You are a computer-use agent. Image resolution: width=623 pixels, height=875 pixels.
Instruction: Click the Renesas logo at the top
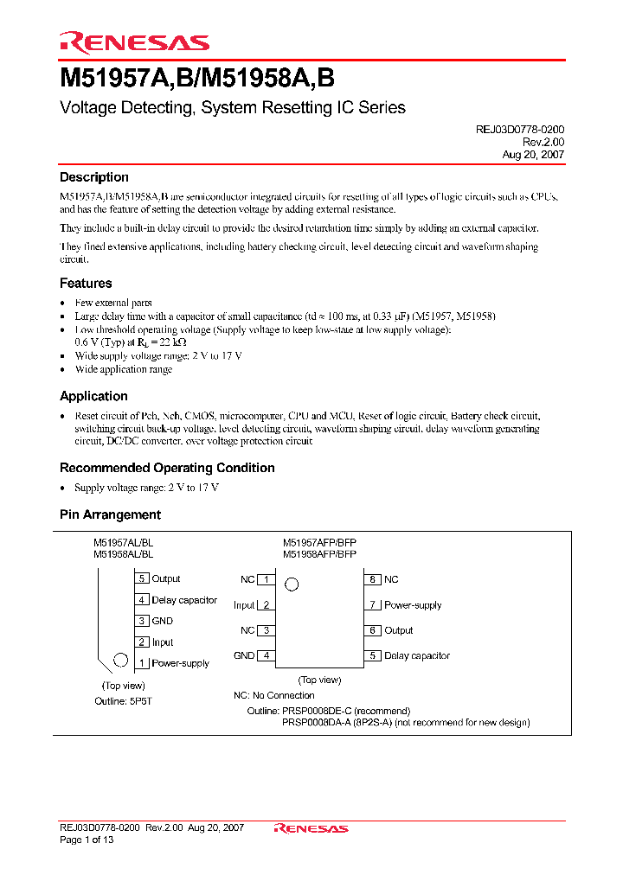pos(134,42)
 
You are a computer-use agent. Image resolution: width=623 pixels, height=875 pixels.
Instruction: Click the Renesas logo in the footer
pos(311,828)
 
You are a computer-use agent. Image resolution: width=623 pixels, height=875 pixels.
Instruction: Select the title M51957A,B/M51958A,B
pos(197,79)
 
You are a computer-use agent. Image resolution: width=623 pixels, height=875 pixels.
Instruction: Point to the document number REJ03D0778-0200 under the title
pos(520,129)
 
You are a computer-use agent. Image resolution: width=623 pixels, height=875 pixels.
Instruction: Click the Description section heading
pos(93,177)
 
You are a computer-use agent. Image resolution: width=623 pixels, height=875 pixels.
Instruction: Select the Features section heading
pos(86,283)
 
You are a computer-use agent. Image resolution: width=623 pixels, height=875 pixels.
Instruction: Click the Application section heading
pos(93,396)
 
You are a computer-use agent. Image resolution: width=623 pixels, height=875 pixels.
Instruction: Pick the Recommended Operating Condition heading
pos(167,468)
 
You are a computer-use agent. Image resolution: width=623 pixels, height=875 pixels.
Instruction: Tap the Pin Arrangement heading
pos(110,514)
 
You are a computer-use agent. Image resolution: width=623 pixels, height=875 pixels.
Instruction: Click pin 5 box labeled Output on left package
pos(142,578)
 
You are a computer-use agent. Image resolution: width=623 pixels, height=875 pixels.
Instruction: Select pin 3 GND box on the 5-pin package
pos(142,621)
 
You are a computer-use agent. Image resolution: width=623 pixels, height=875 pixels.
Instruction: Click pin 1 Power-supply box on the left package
pos(142,663)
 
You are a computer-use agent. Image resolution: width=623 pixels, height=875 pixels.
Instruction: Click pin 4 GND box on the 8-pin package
pos(267,655)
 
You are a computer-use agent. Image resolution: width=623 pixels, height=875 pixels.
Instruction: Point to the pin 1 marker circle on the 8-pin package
pos(292,584)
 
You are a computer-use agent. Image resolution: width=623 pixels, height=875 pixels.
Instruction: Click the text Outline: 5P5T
pos(123,701)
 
